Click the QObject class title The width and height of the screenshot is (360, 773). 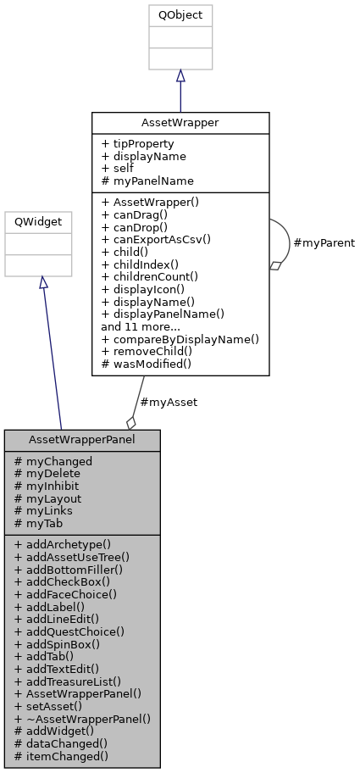[x=180, y=15]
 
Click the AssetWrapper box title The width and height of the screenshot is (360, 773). [x=180, y=122]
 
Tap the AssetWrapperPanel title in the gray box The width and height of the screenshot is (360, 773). [x=82, y=440]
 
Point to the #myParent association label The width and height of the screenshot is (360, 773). [x=323, y=242]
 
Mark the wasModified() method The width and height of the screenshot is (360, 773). [x=147, y=363]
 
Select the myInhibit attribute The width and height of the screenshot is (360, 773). [x=53, y=486]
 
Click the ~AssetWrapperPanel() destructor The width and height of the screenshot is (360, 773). [x=82, y=718]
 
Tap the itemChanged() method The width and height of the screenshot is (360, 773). [x=61, y=755]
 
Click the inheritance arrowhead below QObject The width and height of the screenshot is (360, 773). [x=180, y=76]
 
